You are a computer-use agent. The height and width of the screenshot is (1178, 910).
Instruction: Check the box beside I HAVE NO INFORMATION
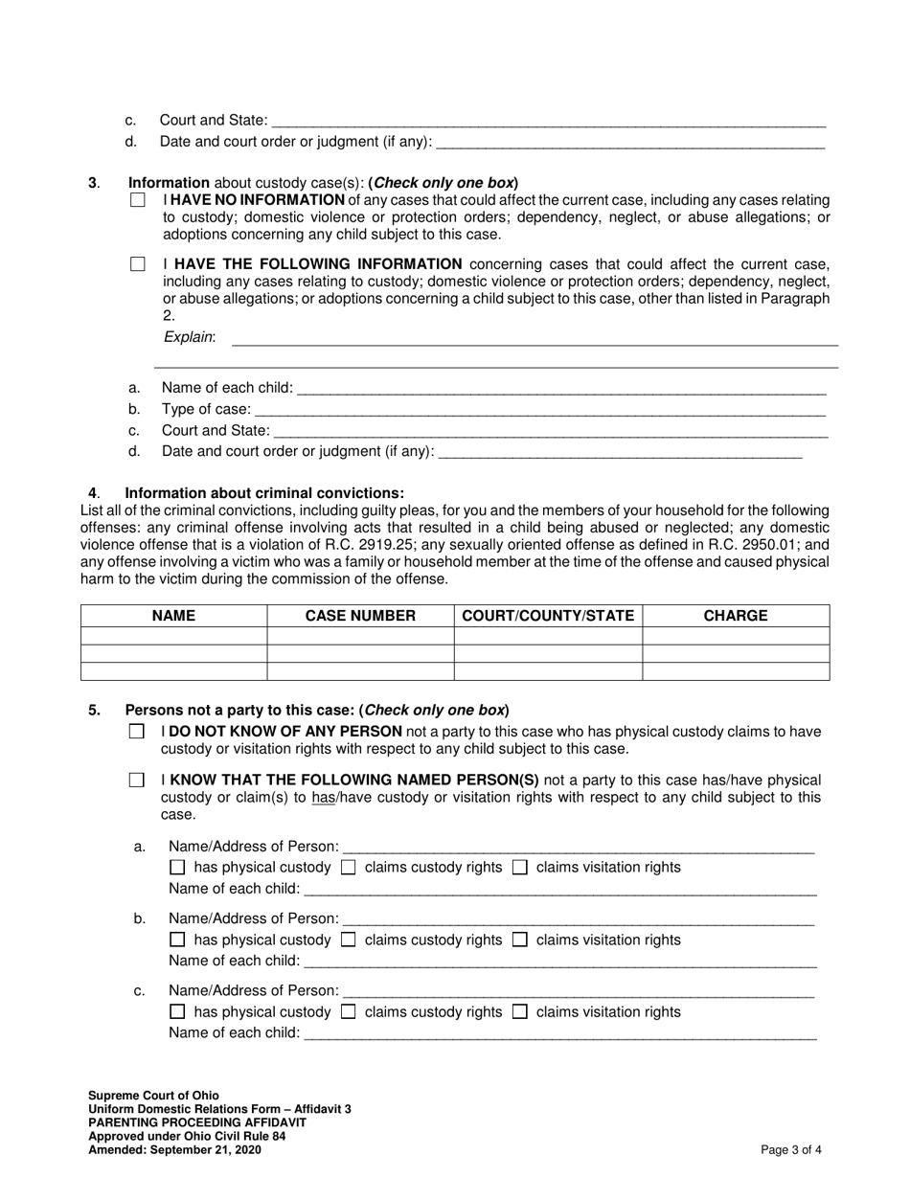(x=138, y=200)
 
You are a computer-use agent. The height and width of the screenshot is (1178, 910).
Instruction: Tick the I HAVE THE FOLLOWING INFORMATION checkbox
(x=138, y=264)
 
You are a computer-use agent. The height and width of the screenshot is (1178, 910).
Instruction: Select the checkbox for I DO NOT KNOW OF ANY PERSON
(x=137, y=732)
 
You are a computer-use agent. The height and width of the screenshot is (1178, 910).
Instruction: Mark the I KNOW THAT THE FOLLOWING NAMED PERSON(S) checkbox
(x=137, y=781)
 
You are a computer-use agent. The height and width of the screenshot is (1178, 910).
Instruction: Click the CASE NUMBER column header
(x=360, y=616)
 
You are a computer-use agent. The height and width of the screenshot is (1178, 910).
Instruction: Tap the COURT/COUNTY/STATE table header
(x=548, y=616)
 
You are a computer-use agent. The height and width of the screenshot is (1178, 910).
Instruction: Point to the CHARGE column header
(x=736, y=616)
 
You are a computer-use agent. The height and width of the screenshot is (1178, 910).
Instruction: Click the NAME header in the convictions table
(x=173, y=616)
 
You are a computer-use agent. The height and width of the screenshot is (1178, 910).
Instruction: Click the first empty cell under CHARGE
(x=736, y=636)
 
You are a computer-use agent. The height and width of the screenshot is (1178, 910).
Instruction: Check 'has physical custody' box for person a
(x=177, y=868)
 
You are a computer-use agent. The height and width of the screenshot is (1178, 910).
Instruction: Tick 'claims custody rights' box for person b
(x=349, y=940)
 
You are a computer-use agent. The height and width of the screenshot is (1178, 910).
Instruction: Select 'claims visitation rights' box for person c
(x=520, y=1012)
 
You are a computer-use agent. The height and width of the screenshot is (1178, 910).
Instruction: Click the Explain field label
(x=190, y=337)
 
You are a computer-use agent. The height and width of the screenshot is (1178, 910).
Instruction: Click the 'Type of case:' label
(x=206, y=410)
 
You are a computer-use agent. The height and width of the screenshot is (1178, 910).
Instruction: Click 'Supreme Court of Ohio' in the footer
(x=153, y=1096)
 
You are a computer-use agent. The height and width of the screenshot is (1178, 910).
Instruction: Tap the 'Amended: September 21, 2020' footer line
(x=174, y=1150)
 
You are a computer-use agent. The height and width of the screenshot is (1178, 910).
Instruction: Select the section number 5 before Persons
(x=94, y=711)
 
